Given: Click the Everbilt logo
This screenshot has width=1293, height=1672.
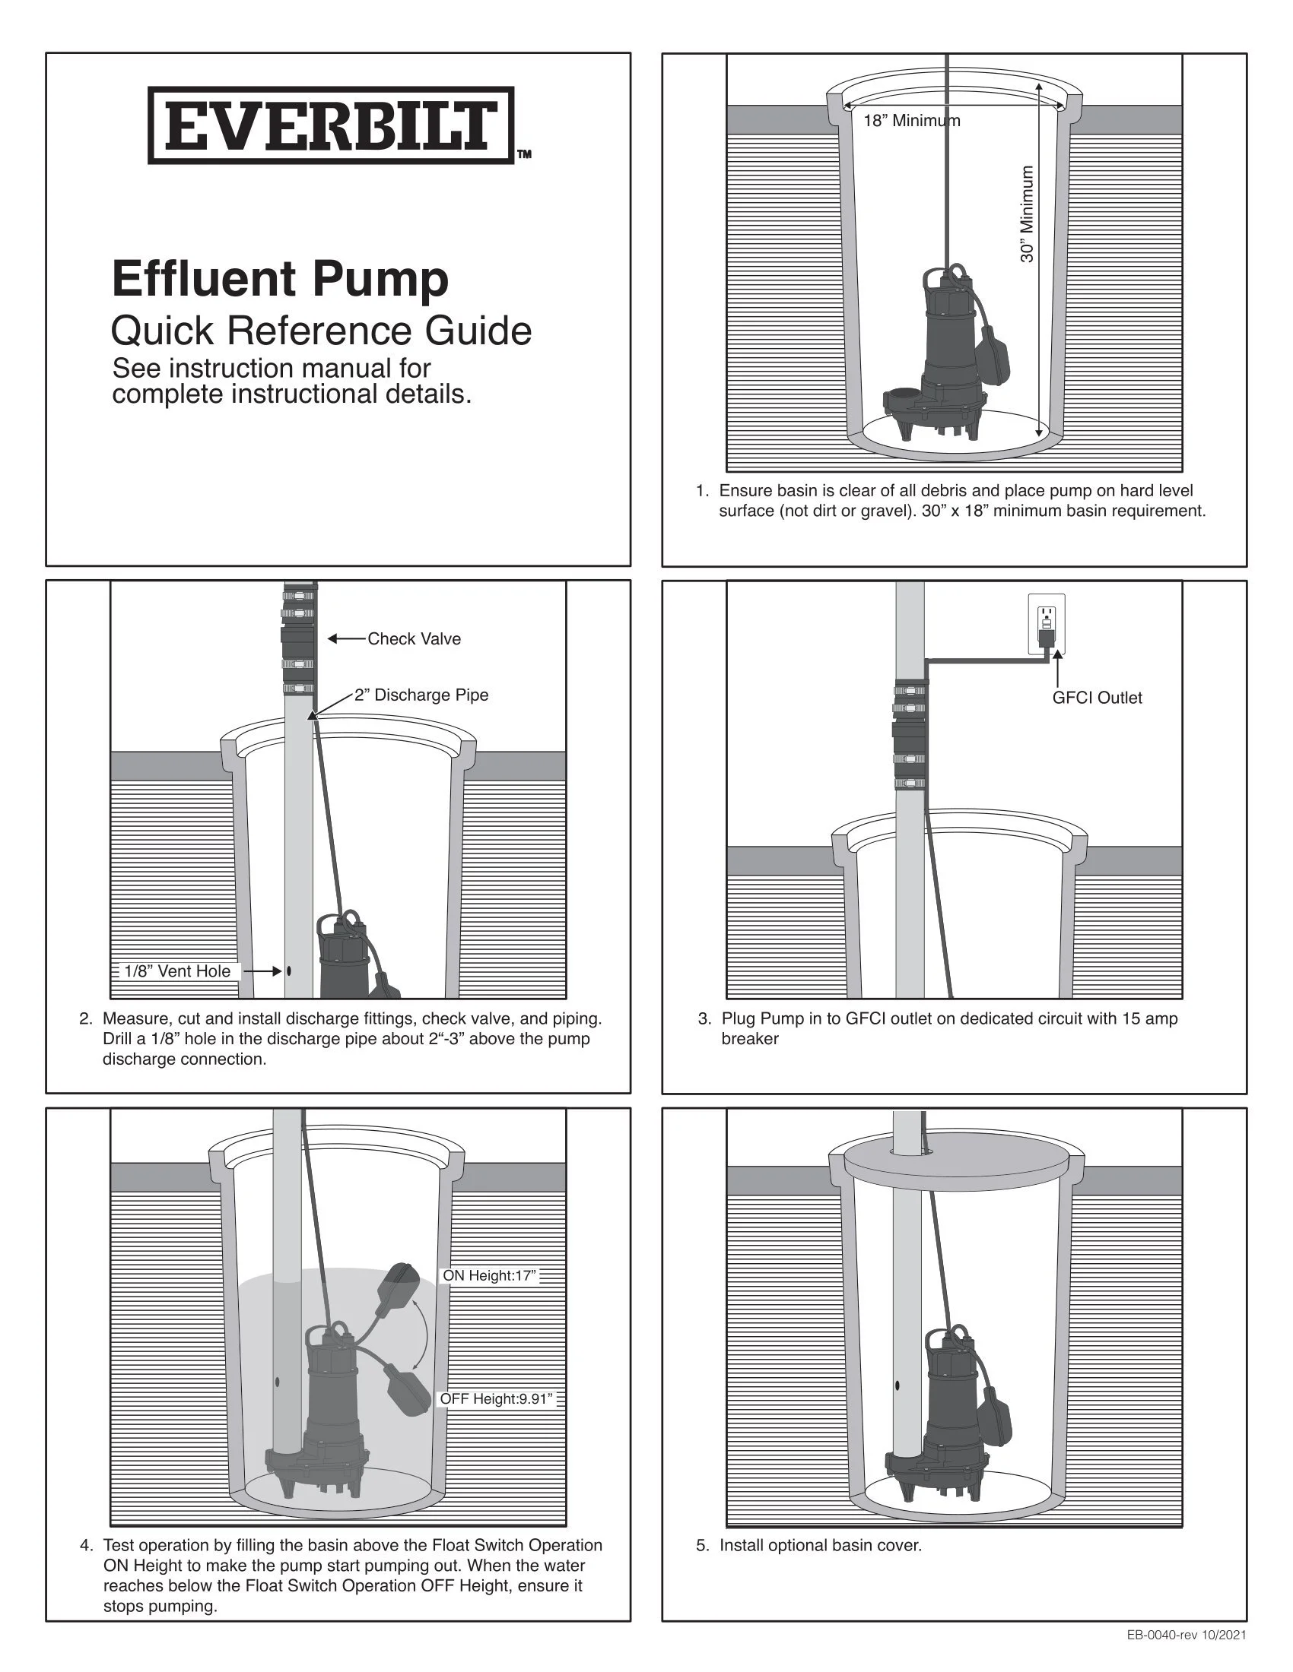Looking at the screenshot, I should [331, 125].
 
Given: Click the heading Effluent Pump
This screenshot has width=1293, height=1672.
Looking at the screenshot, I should [281, 279].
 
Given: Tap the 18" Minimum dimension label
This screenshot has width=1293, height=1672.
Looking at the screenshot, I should [911, 121].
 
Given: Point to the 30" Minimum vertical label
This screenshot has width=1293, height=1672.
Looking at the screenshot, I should [1028, 214].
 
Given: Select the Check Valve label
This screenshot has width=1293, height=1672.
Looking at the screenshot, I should [415, 639].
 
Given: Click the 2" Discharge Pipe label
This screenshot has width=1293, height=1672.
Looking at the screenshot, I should [421, 695].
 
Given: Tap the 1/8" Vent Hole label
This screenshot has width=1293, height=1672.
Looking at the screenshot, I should [177, 971].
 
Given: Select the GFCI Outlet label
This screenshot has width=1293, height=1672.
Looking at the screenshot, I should [1097, 698].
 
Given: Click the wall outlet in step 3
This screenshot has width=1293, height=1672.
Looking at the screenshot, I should [1046, 624].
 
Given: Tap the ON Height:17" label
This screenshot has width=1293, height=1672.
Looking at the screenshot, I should [491, 1275].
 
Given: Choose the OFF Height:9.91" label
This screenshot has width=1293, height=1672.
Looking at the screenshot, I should [496, 1398].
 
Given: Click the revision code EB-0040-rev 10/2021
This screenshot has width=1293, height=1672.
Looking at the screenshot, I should [1186, 1636].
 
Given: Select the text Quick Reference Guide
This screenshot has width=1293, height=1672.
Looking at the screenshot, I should [321, 331].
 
